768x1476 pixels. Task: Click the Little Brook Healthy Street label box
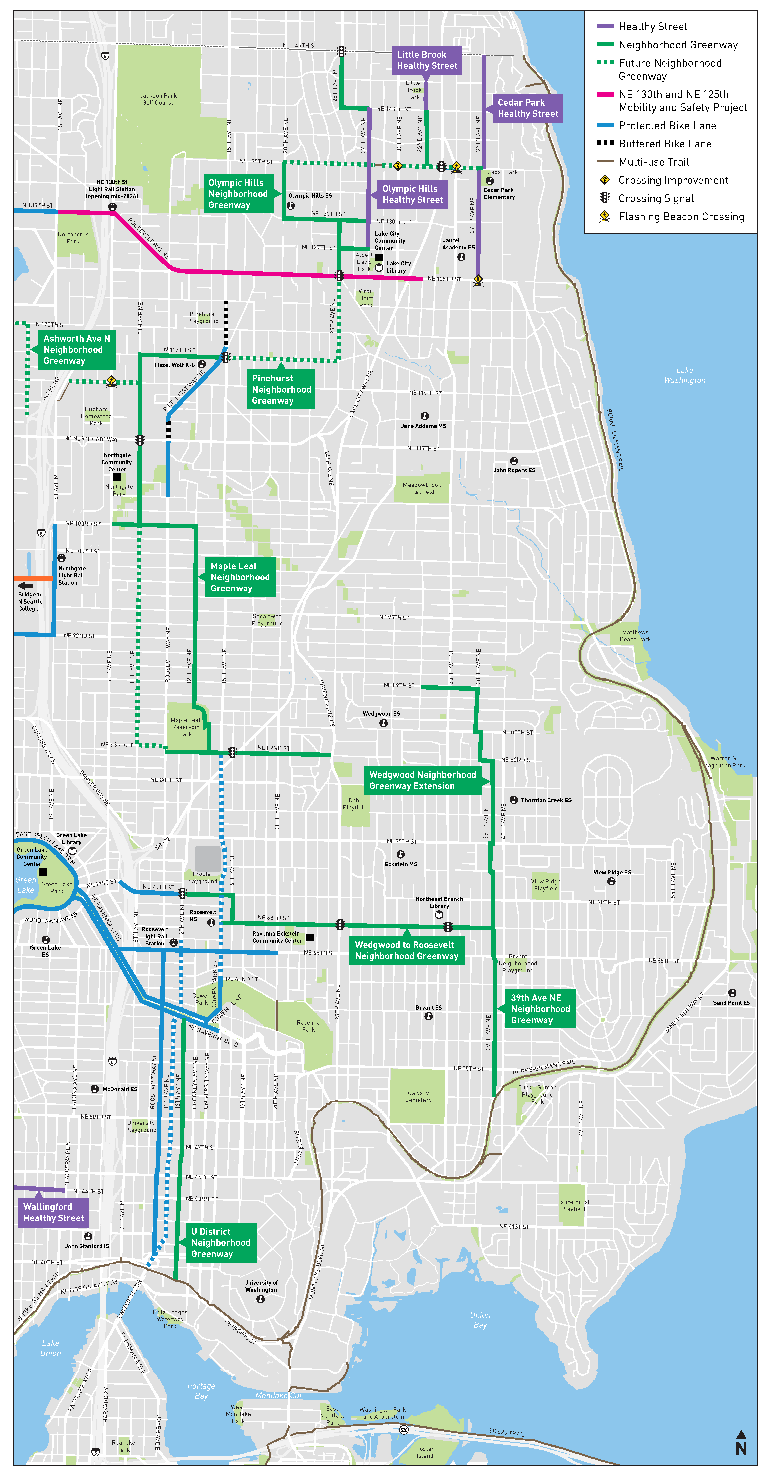pyautogui.click(x=427, y=60)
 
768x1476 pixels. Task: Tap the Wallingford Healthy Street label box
pyautogui.click(x=53, y=1213)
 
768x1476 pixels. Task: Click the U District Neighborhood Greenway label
pyautogui.click(x=221, y=1242)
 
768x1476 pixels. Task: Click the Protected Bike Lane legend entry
pyautogui.click(x=667, y=125)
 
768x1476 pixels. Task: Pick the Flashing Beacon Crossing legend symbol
pyautogui.click(x=605, y=217)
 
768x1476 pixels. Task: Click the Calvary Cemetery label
pyautogui.click(x=418, y=1096)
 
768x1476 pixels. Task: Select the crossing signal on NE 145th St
pyautogui.click(x=341, y=52)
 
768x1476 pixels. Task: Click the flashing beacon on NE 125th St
pyautogui.click(x=478, y=280)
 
